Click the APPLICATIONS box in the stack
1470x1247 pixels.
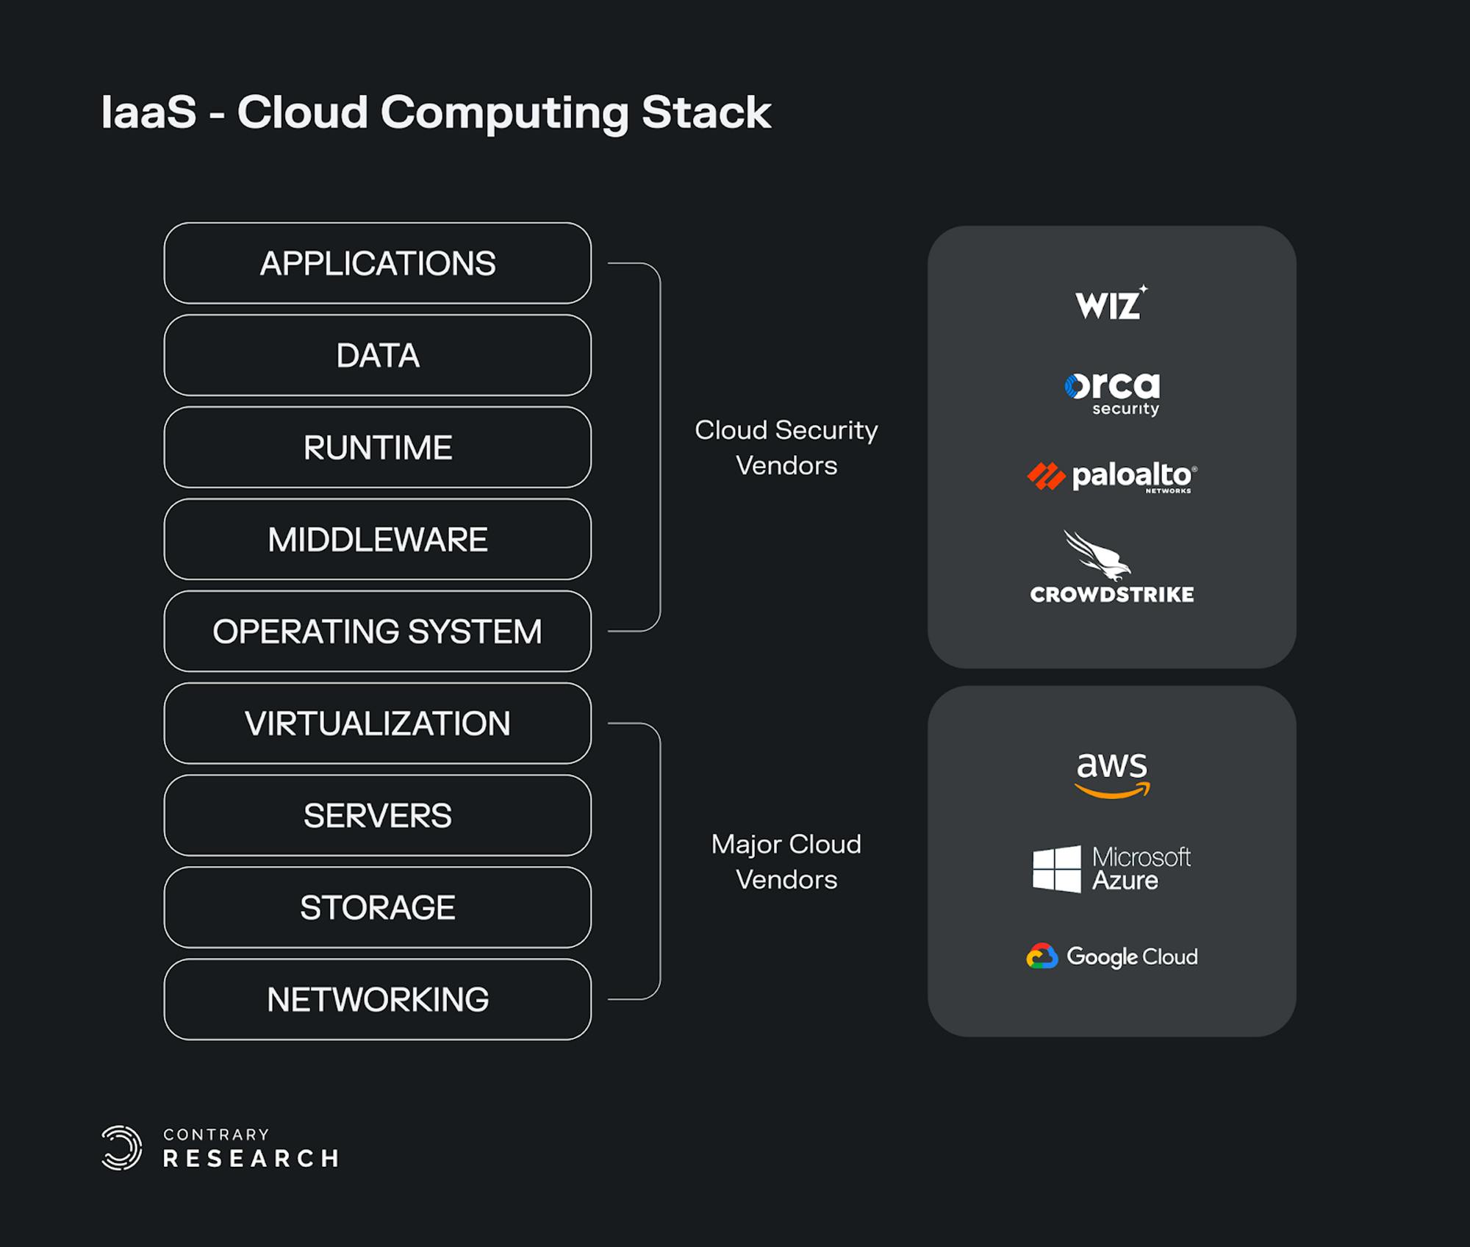tap(378, 263)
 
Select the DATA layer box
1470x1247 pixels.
tap(378, 355)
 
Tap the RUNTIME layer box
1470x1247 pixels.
tap(378, 447)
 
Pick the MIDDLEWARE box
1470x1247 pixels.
tap(378, 539)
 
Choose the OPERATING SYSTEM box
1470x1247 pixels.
tap(378, 631)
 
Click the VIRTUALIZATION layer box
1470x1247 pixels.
tap(378, 723)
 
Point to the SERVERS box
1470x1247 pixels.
tap(378, 815)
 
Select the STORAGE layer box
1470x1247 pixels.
tap(378, 907)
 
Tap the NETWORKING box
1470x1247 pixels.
tap(378, 999)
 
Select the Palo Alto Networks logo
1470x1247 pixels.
tap(1111, 476)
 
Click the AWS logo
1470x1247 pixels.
tap(1112, 774)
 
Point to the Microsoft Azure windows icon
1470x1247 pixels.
tap(1057, 869)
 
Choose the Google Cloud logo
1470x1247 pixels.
tap(1112, 957)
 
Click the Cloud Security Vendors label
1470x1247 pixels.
tap(786, 447)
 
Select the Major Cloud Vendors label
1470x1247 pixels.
tap(786, 862)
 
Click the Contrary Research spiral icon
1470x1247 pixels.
tap(122, 1147)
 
